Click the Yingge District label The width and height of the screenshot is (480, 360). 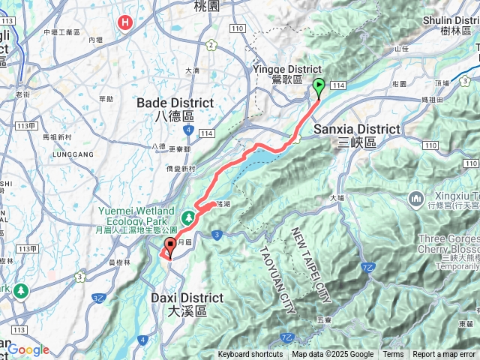click(x=277, y=73)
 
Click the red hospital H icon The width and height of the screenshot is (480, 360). click(x=124, y=22)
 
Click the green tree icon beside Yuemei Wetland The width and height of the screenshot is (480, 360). click(x=187, y=216)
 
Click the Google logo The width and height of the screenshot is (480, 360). click(x=29, y=350)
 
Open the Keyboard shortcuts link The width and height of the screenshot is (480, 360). click(x=250, y=355)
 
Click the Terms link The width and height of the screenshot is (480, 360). click(x=393, y=355)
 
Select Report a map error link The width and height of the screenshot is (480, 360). click(x=444, y=355)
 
